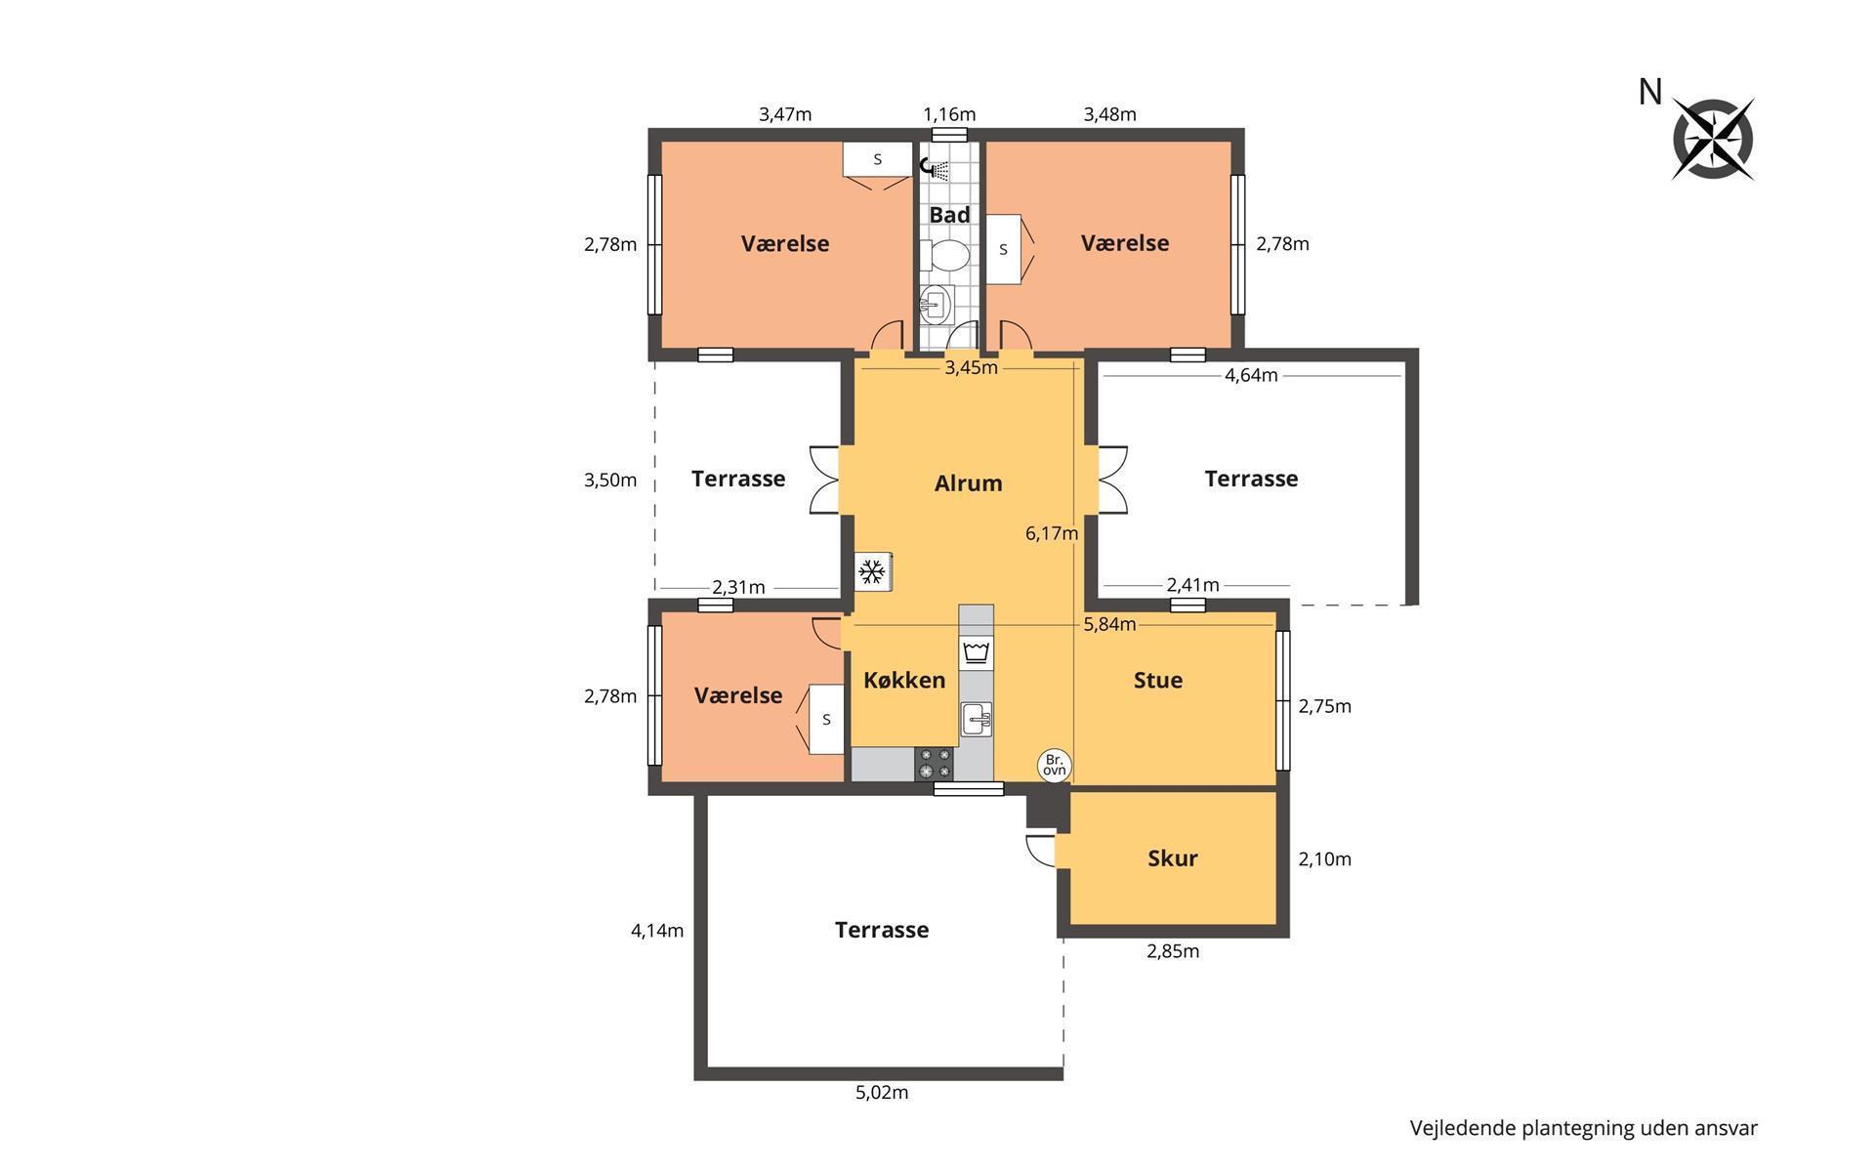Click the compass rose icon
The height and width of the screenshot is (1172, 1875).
1713,139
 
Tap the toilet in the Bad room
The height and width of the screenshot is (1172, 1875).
948,256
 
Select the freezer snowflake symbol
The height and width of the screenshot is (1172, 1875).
872,571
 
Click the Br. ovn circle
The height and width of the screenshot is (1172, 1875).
1055,765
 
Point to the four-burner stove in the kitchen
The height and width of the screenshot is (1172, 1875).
935,764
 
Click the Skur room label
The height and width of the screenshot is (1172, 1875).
1172,858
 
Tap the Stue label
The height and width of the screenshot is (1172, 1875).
1158,680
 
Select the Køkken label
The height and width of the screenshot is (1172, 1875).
904,680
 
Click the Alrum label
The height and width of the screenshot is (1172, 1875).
968,483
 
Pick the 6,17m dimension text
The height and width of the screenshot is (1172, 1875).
1052,533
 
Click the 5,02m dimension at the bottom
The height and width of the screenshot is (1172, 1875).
882,1092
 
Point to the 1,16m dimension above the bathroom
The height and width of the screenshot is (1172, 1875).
949,114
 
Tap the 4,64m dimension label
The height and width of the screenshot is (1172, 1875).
1251,375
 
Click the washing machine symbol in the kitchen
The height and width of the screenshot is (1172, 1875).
976,651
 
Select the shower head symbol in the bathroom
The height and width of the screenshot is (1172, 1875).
937,170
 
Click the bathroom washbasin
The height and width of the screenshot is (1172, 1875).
935,305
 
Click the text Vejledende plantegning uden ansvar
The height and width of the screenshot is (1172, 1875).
1583,1128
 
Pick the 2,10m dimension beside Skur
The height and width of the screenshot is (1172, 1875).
1324,859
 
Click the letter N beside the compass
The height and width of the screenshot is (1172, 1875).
1650,92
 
